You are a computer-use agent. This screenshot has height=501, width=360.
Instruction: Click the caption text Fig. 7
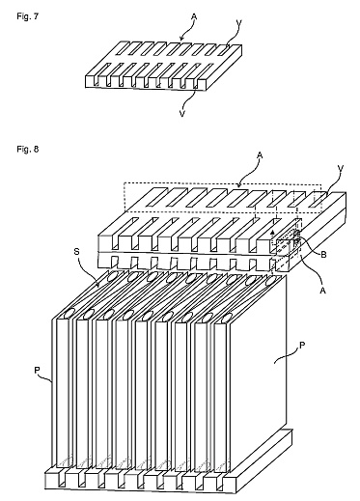28,16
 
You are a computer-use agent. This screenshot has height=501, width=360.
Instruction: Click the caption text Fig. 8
28,149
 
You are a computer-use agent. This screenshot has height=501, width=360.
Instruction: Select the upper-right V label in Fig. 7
238,22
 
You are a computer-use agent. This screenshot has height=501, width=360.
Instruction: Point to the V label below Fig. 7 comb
182,114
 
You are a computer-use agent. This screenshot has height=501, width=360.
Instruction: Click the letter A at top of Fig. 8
260,156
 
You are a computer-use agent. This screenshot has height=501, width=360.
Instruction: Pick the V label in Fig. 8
341,168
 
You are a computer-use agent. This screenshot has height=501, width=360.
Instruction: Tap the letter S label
76,251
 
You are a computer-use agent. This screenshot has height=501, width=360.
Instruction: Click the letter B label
323,255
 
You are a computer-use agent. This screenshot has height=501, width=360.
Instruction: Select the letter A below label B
323,291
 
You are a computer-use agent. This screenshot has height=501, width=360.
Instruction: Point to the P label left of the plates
37,371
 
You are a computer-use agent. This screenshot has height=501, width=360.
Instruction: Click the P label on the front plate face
302,346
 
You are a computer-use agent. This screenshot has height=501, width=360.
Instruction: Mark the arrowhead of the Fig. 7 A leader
180,40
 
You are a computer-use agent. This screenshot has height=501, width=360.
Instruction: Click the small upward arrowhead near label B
272,232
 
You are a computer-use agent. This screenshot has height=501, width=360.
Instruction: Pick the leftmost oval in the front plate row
69,313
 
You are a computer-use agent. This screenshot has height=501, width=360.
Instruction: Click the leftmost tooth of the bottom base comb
52,479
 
